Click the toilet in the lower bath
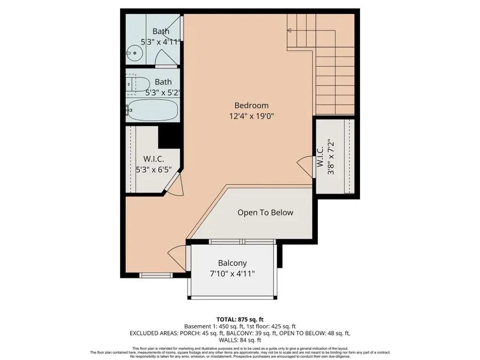click(x=139, y=84)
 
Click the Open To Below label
click(x=265, y=212)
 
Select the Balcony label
click(x=233, y=263)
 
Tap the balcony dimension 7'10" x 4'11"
click(x=233, y=274)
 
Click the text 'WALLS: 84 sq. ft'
click(x=239, y=340)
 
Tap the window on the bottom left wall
click(x=156, y=276)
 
